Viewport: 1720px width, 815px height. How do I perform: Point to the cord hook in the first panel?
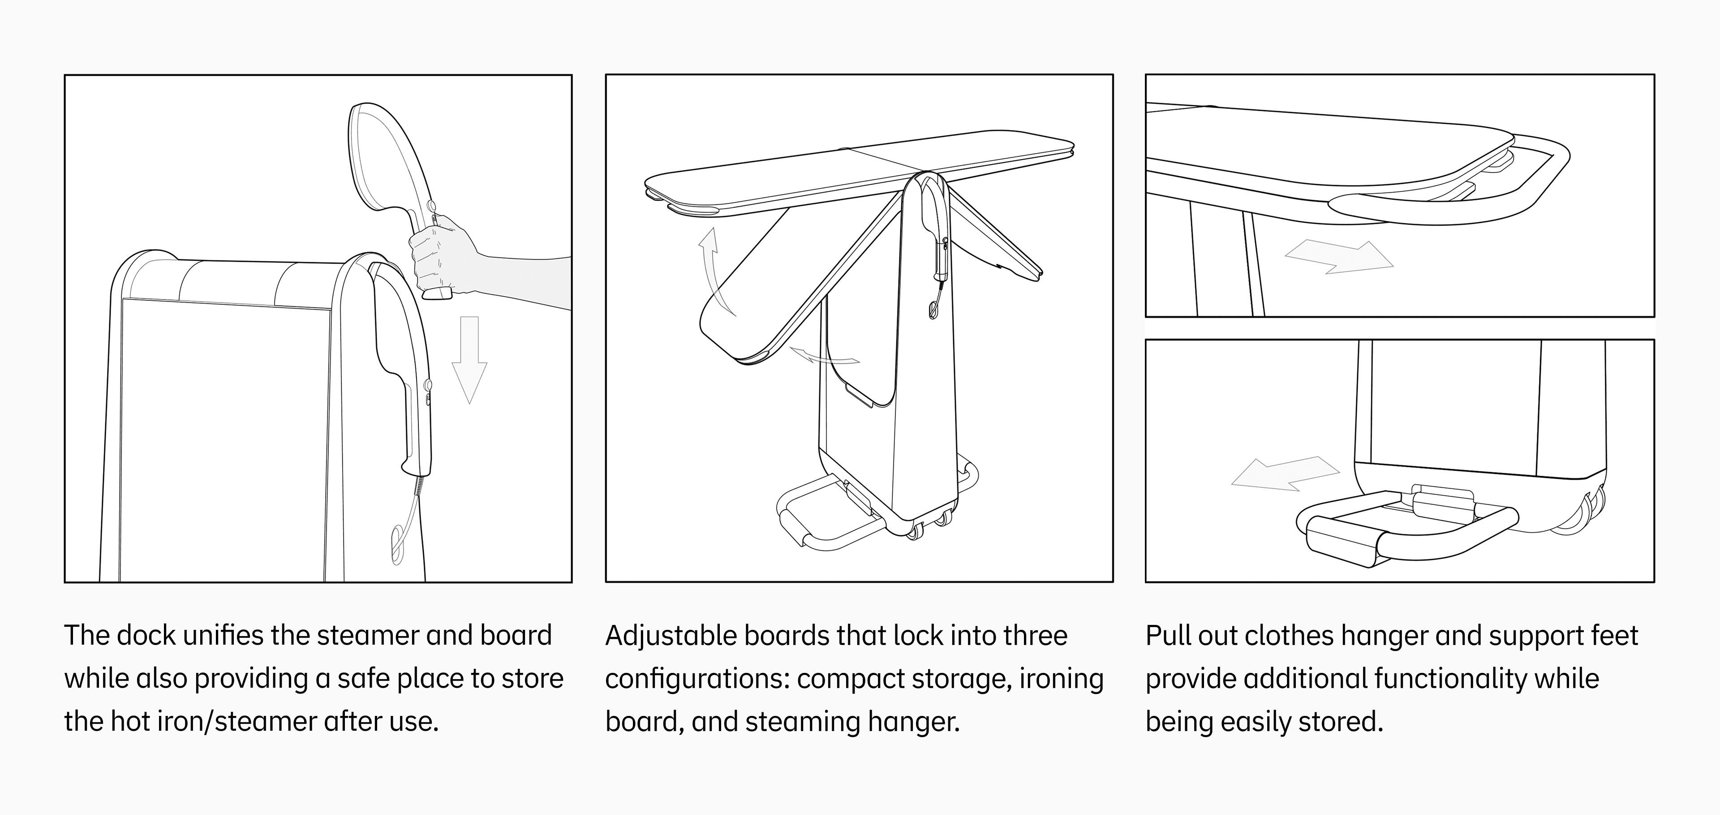point(396,544)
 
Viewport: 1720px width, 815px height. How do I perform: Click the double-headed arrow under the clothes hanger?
point(1339,257)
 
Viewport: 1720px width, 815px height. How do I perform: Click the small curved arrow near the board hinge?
point(824,356)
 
